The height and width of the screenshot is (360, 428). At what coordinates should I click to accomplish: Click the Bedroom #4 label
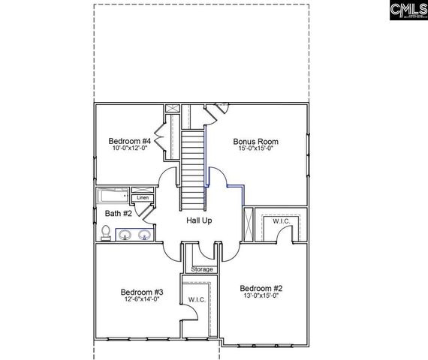(130, 141)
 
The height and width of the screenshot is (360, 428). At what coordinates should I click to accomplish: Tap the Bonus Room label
(255, 141)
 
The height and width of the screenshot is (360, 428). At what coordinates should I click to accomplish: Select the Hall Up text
(199, 220)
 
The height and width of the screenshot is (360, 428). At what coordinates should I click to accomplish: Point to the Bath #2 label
(118, 214)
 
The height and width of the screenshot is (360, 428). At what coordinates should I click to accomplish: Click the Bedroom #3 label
(142, 292)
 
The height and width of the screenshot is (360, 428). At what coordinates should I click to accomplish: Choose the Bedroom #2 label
(261, 287)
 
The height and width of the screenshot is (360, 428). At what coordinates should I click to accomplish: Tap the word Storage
(202, 269)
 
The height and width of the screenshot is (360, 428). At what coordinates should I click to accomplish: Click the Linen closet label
(143, 198)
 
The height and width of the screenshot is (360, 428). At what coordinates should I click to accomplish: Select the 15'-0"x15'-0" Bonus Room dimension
(255, 148)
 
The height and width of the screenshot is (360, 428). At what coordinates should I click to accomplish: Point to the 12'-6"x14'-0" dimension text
(142, 299)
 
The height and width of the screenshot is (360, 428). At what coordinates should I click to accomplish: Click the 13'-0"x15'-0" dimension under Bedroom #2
(261, 295)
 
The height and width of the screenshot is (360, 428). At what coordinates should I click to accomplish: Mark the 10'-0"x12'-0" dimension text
(130, 148)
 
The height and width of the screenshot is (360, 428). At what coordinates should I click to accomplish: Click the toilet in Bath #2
(107, 235)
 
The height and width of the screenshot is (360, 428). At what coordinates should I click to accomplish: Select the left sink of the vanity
(125, 235)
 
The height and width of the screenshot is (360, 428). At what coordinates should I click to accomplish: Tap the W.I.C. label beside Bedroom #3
(197, 300)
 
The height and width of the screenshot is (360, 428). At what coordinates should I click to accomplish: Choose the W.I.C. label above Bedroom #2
(282, 221)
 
